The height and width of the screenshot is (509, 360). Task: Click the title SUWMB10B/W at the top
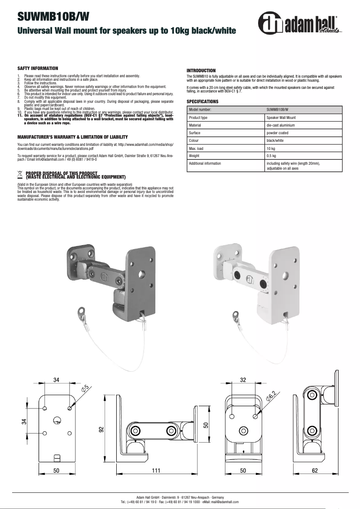(x=53, y=17)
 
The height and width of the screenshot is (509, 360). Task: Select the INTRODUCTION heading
(x=201, y=71)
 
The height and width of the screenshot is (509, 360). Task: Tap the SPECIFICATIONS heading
(x=202, y=102)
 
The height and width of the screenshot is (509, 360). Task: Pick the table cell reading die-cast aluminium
(x=281, y=125)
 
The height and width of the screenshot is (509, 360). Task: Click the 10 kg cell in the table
(x=271, y=148)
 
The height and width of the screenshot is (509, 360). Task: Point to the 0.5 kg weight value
(x=271, y=156)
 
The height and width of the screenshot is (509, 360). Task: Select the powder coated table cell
(x=278, y=133)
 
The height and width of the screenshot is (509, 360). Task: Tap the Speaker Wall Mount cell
(x=281, y=118)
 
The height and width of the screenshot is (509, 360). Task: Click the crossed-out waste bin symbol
(x=20, y=173)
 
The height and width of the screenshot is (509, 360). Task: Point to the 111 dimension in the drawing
(x=156, y=471)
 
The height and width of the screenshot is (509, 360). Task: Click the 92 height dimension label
(x=101, y=429)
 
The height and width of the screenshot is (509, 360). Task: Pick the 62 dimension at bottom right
(x=314, y=471)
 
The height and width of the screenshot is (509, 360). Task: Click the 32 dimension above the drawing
(x=243, y=380)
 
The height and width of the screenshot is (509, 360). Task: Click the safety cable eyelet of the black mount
(x=82, y=310)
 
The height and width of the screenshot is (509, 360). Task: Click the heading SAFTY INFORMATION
(x=38, y=68)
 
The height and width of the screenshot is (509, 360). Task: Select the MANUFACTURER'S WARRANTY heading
(x=72, y=137)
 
